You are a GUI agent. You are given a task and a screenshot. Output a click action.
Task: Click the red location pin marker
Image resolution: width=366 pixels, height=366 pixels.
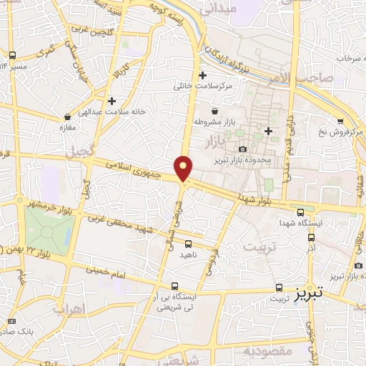tap(184, 169)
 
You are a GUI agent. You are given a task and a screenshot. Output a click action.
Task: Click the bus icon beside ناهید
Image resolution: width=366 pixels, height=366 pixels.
tap(188, 244)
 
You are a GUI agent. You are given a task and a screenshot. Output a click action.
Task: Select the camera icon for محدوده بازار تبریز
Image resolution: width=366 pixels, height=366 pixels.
tap(243, 149)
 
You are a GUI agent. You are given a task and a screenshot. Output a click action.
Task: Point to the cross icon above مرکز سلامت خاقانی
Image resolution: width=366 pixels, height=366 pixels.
tap(202, 75)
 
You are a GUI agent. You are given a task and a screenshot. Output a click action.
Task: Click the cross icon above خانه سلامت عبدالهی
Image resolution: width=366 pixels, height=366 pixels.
tap(112, 101)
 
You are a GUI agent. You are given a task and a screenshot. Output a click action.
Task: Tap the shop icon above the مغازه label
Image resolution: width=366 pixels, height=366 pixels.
tap(67, 116)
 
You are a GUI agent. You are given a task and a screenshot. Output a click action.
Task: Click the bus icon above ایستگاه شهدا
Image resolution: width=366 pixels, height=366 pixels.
tap(300, 212)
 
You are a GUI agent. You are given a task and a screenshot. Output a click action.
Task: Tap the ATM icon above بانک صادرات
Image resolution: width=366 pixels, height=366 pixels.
tap(11, 321)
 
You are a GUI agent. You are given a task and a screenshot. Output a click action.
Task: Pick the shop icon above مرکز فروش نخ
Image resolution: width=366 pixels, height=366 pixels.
tap(340, 120)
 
